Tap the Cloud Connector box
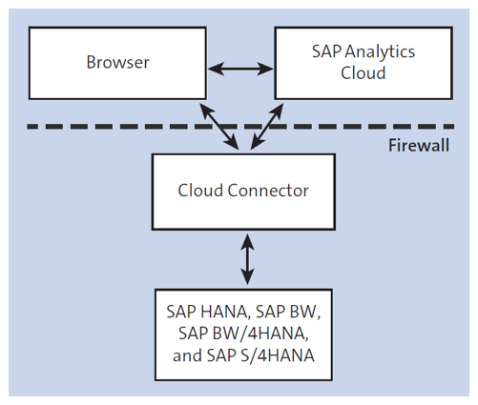pos(243,190)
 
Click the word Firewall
pos(420,147)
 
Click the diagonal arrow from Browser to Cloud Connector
pos(219,125)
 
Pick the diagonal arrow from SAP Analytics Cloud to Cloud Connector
pos(268,125)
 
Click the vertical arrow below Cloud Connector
pos(248,257)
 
